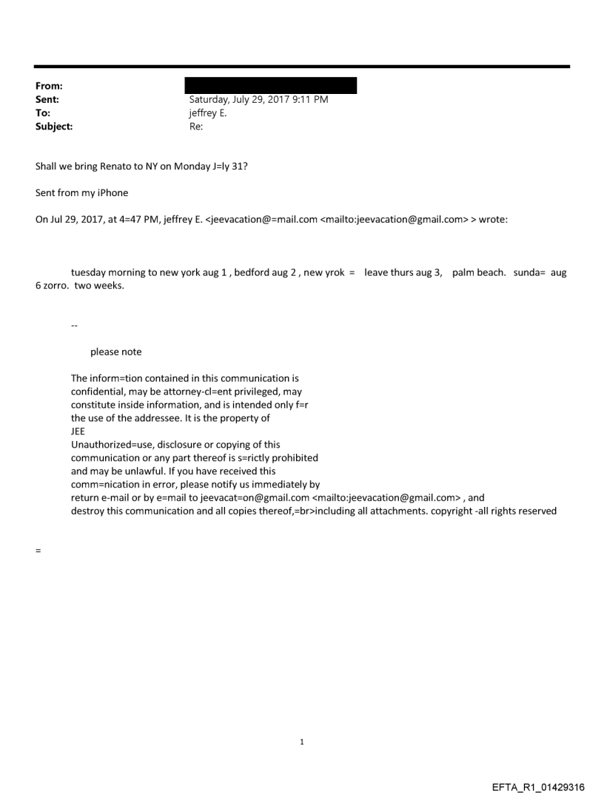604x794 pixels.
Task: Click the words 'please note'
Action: coord(115,352)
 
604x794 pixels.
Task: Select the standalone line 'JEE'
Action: coord(78,431)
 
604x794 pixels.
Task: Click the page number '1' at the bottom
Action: coord(301,741)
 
